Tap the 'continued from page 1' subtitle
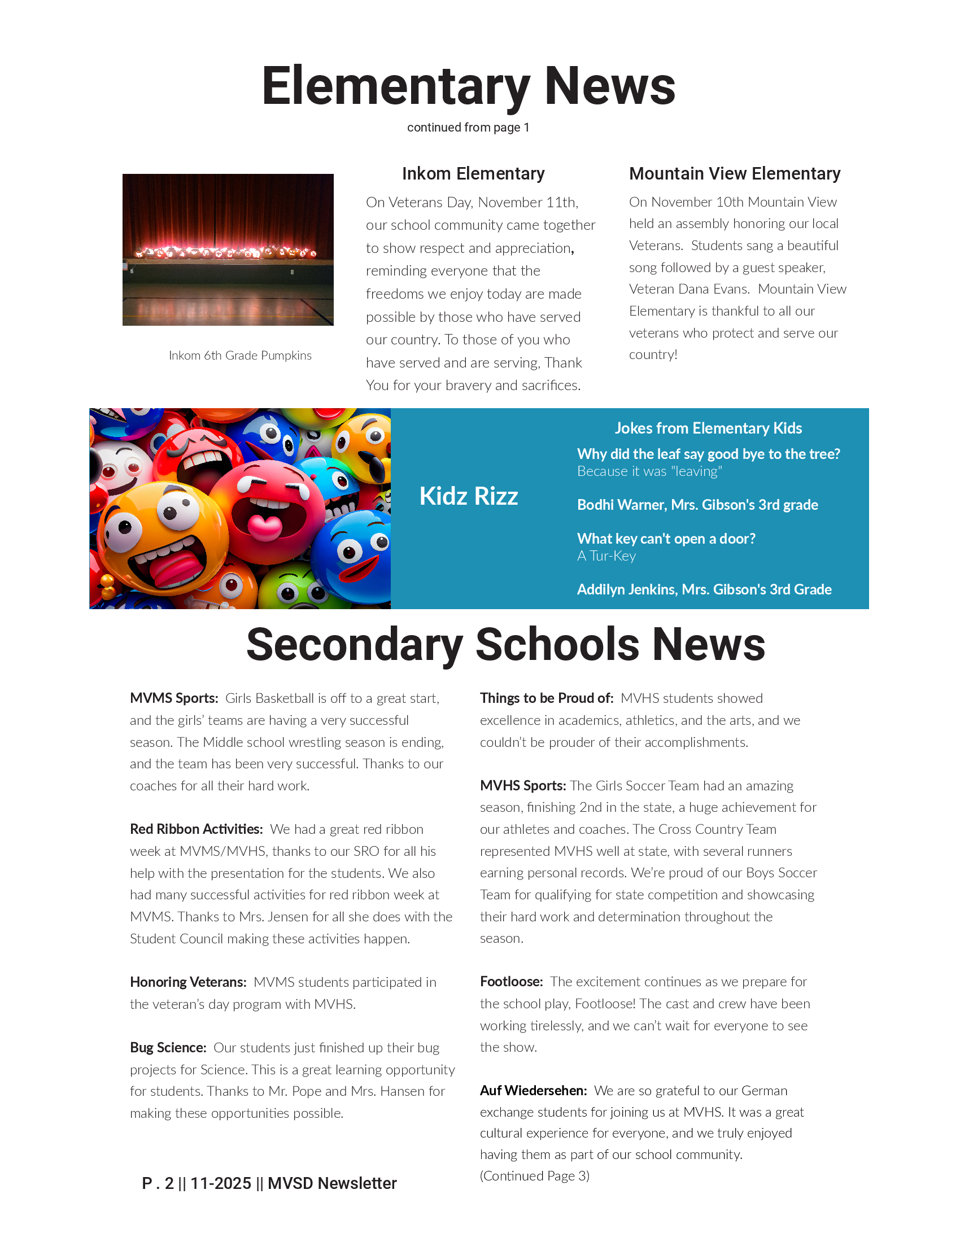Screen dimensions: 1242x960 point(468,128)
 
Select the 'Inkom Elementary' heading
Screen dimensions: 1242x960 point(473,173)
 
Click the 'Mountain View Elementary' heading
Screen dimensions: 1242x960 point(734,173)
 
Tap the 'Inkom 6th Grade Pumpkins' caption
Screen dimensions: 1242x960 point(240,356)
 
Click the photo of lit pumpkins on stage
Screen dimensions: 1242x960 point(228,250)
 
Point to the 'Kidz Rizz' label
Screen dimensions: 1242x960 point(468,496)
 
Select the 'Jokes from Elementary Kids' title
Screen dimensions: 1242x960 point(708,428)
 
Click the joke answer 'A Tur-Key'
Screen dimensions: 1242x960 point(606,556)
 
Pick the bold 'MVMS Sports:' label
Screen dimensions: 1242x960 point(174,698)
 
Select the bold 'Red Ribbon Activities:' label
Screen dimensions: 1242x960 point(196,829)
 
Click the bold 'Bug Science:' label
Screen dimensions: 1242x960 point(168,1047)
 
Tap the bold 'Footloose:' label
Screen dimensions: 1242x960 point(511,982)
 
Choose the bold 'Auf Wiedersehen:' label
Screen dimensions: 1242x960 point(533,1090)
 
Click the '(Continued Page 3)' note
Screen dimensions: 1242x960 point(535,1175)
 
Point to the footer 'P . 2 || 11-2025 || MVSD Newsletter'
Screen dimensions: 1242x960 point(269,1183)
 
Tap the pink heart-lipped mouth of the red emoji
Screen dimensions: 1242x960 point(265,526)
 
